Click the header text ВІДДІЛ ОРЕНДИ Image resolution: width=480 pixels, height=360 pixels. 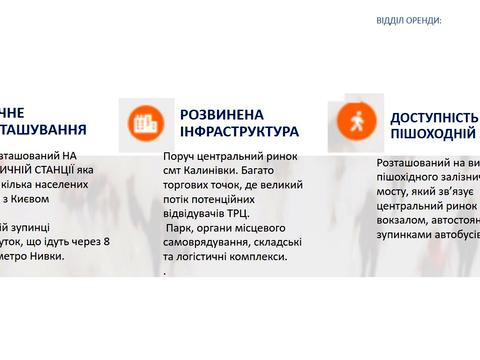[408, 20]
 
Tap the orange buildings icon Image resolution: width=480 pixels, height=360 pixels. [146, 122]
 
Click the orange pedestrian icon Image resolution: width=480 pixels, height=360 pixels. [357, 120]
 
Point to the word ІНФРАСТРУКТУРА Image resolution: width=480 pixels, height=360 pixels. [239, 132]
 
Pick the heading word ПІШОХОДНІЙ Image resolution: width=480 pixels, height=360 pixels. [428, 134]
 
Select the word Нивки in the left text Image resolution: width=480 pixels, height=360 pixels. [47, 256]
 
